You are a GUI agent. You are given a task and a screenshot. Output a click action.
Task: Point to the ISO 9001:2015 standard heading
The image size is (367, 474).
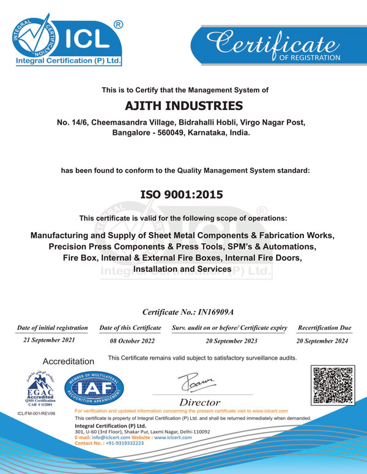click(x=183, y=195)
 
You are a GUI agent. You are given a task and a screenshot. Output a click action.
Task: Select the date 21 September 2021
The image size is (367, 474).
click(x=51, y=341)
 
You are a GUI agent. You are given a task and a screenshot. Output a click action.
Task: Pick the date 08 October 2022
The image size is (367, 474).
click(x=130, y=341)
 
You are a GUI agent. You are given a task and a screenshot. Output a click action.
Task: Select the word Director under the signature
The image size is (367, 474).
click(x=199, y=402)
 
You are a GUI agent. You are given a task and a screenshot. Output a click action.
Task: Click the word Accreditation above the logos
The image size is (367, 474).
click(x=68, y=362)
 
